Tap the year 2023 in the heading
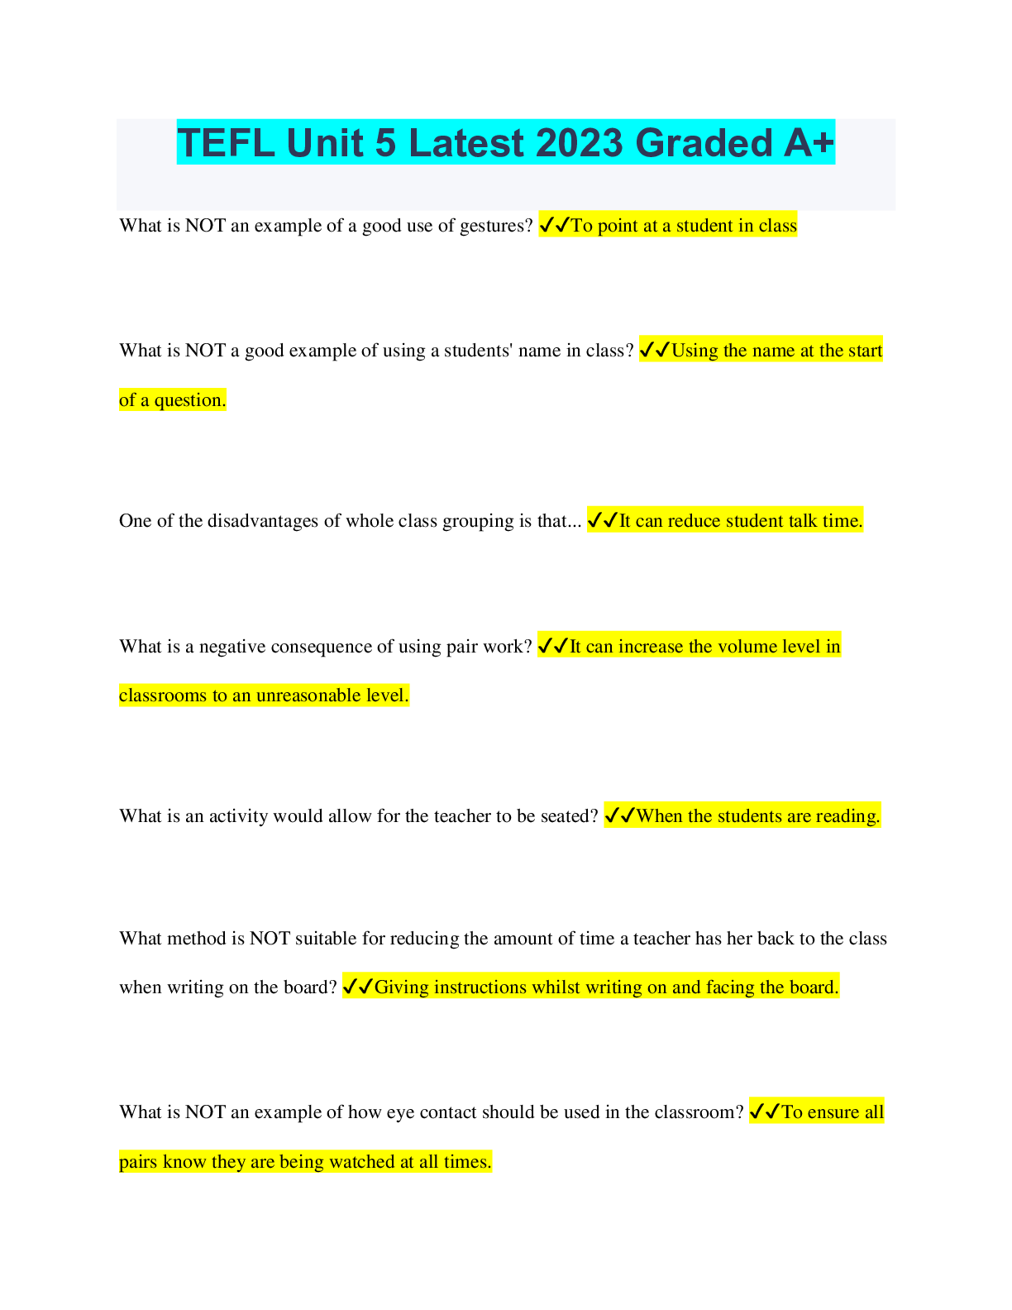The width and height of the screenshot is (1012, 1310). [x=579, y=143]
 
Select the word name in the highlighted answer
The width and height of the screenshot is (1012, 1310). [x=772, y=351]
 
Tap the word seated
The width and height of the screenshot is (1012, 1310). [x=569, y=816]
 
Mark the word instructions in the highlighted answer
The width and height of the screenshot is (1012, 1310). [x=480, y=987]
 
